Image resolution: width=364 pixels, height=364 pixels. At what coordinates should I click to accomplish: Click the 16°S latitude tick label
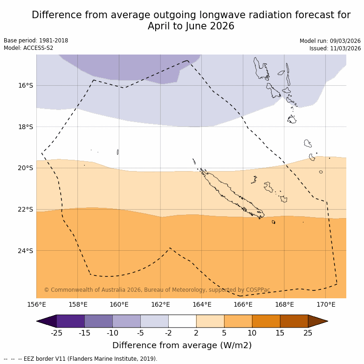click(26, 85)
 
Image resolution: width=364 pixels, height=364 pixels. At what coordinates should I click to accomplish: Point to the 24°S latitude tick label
click(26, 251)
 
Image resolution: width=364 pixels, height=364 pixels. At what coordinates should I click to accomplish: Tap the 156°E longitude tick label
click(36, 305)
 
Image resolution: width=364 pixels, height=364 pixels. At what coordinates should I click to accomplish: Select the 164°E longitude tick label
click(202, 305)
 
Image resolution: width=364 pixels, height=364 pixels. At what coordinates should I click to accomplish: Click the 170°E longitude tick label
click(326, 305)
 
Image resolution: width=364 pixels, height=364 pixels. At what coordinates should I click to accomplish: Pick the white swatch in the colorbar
click(182, 321)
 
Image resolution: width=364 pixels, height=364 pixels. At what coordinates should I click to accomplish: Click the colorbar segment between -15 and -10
click(98, 321)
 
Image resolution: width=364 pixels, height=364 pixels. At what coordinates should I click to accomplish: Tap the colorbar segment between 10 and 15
click(266, 321)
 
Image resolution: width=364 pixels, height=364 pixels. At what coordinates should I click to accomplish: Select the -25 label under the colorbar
click(56, 332)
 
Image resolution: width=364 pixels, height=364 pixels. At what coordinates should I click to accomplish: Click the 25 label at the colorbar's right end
click(308, 332)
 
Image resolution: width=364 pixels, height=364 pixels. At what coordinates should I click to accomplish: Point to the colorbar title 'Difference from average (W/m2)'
click(182, 345)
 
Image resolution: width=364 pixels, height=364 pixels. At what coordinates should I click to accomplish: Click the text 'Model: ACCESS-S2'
click(28, 48)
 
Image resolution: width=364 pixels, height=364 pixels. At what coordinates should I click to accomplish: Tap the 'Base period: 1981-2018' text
click(36, 41)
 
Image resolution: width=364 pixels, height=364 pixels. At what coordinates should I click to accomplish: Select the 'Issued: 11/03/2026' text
click(335, 48)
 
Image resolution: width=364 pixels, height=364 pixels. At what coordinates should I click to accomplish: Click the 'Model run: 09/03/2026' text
click(330, 41)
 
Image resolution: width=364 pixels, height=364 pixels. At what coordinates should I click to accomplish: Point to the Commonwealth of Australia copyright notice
click(157, 290)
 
